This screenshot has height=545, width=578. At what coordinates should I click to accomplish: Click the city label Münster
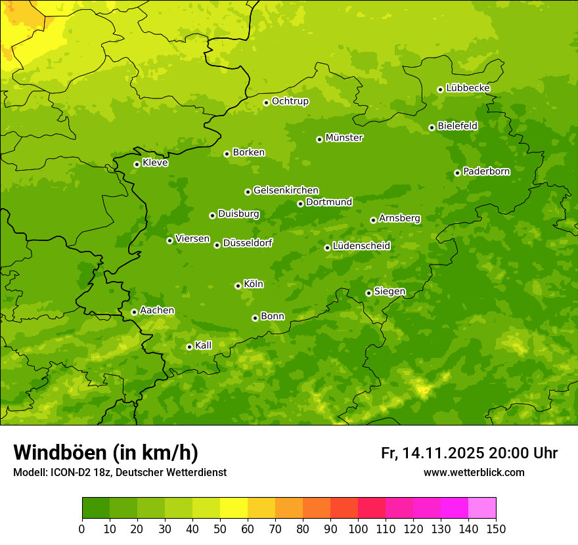pyautogui.click(x=344, y=138)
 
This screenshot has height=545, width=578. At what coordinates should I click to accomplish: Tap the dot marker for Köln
pyautogui.click(x=238, y=286)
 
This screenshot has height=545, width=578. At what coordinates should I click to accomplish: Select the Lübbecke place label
pyautogui.click(x=468, y=88)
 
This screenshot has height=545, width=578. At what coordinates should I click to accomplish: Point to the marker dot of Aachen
pyautogui.click(x=134, y=312)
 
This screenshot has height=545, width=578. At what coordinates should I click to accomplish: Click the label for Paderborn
pyautogui.click(x=486, y=171)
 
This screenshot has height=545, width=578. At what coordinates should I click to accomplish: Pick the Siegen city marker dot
pyautogui.click(x=368, y=293)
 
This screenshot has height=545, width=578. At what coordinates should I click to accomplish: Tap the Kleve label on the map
pyautogui.click(x=155, y=163)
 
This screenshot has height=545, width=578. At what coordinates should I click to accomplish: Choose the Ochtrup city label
pyautogui.click(x=290, y=101)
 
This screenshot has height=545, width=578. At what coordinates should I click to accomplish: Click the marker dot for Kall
pyautogui.click(x=189, y=347)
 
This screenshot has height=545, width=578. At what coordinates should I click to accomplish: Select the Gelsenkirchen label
pyautogui.click(x=286, y=190)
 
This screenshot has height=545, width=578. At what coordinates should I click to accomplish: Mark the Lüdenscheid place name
pyautogui.click(x=361, y=246)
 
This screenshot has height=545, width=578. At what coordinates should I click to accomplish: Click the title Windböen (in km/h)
pyautogui.click(x=106, y=452)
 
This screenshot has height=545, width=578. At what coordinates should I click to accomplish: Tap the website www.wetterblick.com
pyautogui.click(x=474, y=472)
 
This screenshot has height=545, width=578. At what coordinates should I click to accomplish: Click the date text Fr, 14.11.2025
pyautogui.click(x=432, y=453)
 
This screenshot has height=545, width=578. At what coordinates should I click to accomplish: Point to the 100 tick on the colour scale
pyautogui.click(x=357, y=529)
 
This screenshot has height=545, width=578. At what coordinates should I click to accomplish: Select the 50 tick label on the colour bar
pyautogui.click(x=220, y=529)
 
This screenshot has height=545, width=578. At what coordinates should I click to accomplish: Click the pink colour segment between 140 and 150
pyautogui.click(x=482, y=508)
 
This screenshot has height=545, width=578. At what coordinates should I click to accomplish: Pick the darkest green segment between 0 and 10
pyautogui.click(x=96, y=508)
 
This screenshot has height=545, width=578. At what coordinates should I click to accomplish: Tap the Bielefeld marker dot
pyautogui.click(x=432, y=127)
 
